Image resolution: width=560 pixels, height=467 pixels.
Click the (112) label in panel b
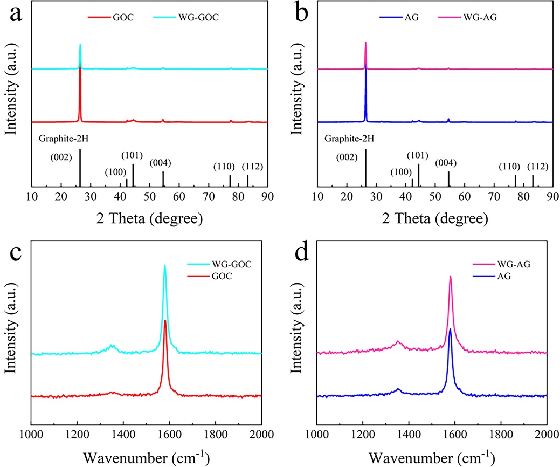[537, 166]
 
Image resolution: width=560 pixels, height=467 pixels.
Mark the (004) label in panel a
[161, 162]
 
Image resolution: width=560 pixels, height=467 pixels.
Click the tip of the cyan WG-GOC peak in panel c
[165, 265]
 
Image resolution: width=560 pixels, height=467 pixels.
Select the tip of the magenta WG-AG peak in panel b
[365, 42]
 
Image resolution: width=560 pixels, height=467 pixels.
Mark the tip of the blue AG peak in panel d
[450, 329]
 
